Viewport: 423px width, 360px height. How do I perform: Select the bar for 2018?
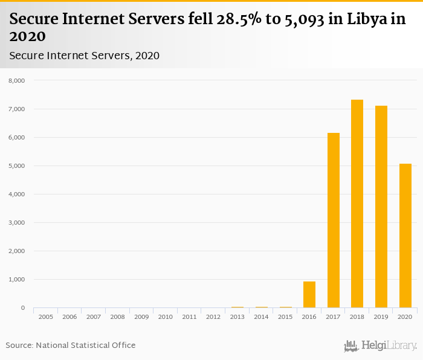click(357, 204)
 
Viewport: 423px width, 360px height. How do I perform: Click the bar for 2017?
click(334, 220)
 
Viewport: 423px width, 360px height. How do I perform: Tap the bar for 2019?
click(381, 207)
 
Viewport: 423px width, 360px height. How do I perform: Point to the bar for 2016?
click(309, 295)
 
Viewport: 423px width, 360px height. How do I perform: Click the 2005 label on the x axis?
click(46, 317)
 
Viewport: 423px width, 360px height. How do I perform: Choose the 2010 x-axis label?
click(166, 317)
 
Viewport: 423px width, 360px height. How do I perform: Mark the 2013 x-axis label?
click(237, 317)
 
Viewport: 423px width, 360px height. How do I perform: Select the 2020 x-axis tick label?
click(405, 317)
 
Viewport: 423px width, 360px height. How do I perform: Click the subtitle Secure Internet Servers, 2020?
click(85, 56)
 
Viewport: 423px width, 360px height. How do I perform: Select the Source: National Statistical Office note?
click(71, 346)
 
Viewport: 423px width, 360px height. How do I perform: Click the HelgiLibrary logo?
click(380, 346)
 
